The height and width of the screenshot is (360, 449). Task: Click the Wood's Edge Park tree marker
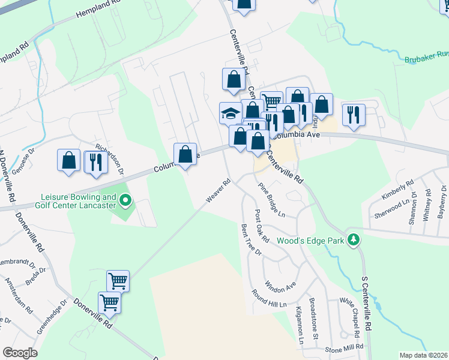click(x=354, y=240)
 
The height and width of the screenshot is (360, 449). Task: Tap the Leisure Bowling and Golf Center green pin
click(x=125, y=199)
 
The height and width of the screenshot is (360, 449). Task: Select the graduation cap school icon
click(x=231, y=113)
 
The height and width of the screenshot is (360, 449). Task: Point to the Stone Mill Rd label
click(x=344, y=347)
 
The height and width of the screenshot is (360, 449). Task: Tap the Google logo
click(x=20, y=353)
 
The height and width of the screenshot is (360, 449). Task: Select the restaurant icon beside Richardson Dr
click(x=95, y=162)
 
